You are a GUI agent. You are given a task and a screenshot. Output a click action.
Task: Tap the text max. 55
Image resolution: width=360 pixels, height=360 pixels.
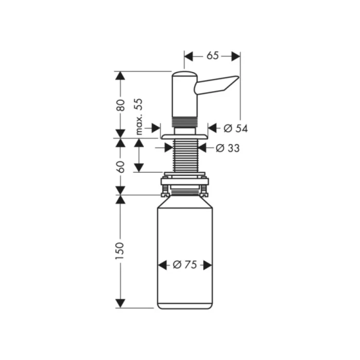(138, 116)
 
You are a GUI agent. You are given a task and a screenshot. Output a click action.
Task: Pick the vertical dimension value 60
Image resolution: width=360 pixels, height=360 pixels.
(120, 166)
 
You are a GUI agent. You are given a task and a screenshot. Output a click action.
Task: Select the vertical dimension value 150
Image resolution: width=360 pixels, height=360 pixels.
(120, 250)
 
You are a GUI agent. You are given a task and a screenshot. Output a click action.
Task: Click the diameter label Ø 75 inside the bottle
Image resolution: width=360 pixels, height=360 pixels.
(185, 265)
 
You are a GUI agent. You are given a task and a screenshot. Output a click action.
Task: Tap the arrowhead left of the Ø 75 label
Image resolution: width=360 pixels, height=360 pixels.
(163, 265)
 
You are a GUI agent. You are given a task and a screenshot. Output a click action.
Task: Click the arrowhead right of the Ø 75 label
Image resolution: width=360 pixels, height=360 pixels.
(207, 265)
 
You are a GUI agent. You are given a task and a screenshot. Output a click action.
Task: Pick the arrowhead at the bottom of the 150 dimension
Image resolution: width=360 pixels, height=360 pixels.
(120, 303)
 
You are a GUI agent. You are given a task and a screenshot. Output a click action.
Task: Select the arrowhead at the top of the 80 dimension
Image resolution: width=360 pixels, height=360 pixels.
(120, 76)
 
